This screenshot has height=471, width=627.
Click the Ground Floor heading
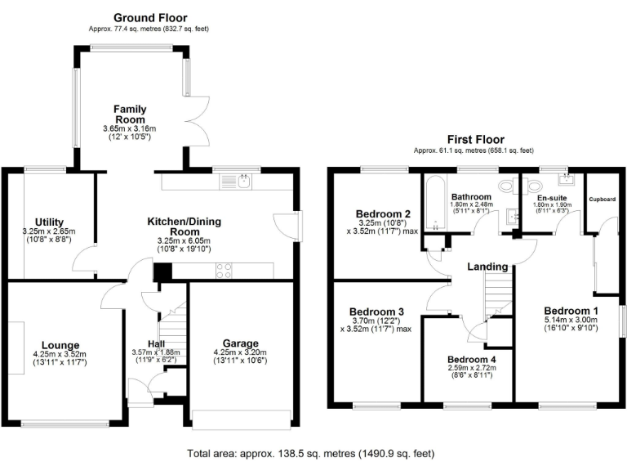150,17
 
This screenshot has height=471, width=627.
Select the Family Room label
130,114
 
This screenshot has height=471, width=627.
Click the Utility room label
49,221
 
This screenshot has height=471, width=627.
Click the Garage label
240,343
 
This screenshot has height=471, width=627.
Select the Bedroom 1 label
571,311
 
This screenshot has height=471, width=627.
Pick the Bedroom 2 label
382,215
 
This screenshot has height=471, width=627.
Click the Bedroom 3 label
376,311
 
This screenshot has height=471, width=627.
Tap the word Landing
488,267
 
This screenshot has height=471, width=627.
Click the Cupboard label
603,199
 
